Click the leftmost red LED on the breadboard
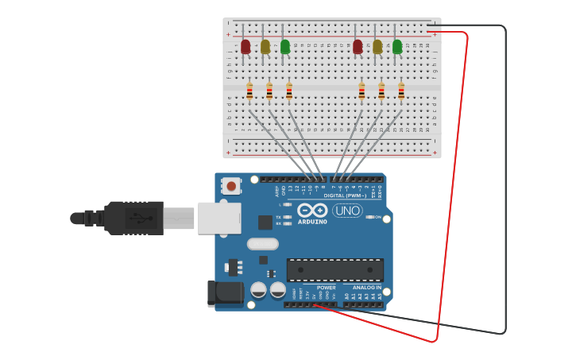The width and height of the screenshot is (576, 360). click(245, 47)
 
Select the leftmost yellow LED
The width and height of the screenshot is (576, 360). click(265, 47)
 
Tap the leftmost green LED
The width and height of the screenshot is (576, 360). click(285, 47)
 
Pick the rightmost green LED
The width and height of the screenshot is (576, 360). click(397, 47)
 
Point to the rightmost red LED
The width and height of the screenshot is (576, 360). click(358, 47)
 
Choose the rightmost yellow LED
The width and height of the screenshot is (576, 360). click(377, 47)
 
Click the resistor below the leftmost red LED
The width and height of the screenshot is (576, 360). click(249, 92)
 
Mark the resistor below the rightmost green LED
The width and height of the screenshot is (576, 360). click(401, 92)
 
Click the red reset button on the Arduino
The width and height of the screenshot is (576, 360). click(231, 186)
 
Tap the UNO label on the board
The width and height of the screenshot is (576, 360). click(347, 211)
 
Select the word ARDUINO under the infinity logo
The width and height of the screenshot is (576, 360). click(312, 222)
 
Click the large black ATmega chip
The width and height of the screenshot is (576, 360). click(334, 269)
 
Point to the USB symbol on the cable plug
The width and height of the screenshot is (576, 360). click(143, 218)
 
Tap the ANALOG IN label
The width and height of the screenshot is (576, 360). click(367, 287)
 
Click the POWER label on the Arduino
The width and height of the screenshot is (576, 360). click(326, 287)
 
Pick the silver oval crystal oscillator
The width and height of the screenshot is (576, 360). click(263, 244)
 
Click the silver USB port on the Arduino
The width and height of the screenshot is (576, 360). click(219, 218)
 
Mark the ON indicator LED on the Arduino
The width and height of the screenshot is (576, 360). click(370, 216)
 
